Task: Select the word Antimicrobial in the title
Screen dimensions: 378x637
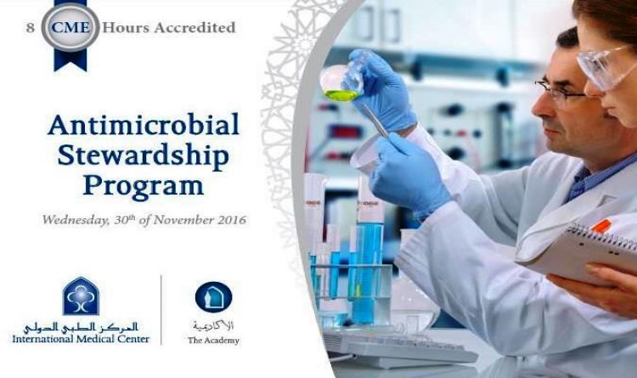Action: tap(144, 125)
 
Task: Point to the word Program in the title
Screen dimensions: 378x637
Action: tap(143, 185)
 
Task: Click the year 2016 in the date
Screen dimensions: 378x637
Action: tap(228, 220)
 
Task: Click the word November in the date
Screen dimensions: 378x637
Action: tap(181, 220)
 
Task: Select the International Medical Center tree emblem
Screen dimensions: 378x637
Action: tap(81, 296)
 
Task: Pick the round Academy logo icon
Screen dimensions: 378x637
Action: tap(213, 296)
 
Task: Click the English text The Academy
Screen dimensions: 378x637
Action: tap(213, 341)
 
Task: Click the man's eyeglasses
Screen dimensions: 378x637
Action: tap(559, 88)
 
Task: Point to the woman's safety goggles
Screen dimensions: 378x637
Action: tap(605, 64)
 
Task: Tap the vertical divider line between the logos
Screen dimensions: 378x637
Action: tap(161, 311)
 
